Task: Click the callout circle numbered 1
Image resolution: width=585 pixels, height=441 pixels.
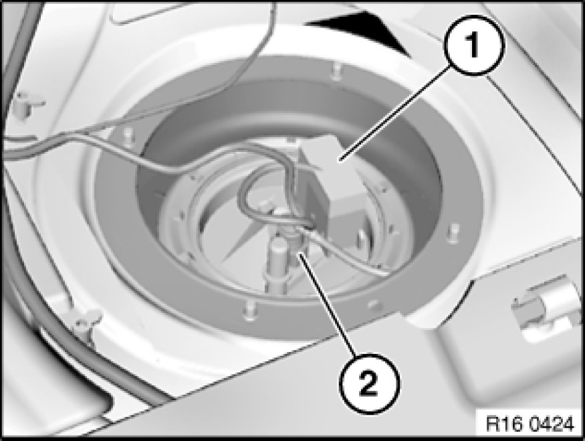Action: tap(474, 46)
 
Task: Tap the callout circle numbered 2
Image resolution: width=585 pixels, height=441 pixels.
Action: tap(369, 385)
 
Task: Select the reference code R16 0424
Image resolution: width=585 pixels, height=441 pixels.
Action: tap(530, 425)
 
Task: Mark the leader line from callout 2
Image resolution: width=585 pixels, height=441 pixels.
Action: tap(326, 304)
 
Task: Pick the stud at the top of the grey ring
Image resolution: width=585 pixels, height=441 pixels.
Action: tap(336, 70)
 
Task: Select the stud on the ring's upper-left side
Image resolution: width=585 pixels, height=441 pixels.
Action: tap(128, 135)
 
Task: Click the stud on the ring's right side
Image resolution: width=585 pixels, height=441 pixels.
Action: tap(453, 233)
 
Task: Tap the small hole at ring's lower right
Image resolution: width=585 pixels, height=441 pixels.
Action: tap(373, 304)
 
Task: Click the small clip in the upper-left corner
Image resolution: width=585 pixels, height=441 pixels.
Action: tap(28, 104)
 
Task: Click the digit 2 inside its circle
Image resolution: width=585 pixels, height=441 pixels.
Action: tap(369, 385)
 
